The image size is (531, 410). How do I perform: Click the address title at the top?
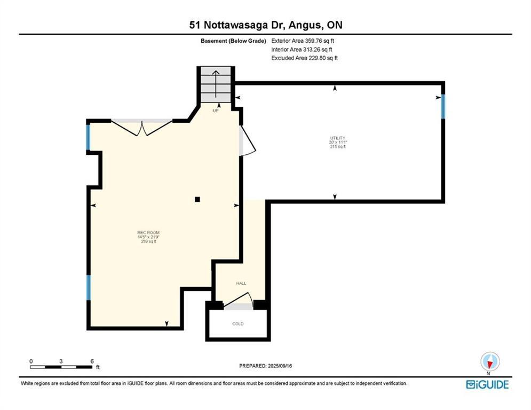(265, 25)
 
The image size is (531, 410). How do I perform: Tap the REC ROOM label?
(148, 232)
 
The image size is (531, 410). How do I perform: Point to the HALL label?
(241, 283)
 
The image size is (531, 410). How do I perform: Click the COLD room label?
(237, 324)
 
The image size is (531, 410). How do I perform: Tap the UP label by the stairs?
(216, 111)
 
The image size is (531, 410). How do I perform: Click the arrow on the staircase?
(216, 85)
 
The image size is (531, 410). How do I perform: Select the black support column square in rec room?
(197, 200)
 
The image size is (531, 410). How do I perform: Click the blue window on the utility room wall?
(442, 106)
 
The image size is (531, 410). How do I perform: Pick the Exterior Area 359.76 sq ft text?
(303, 41)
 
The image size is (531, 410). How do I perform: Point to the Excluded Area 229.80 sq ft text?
(304, 58)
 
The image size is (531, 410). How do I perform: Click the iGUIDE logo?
(487, 384)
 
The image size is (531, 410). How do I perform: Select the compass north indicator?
(489, 361)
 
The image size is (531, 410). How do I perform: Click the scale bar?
(61, 366)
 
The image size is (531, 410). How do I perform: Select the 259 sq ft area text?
(148, 242)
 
